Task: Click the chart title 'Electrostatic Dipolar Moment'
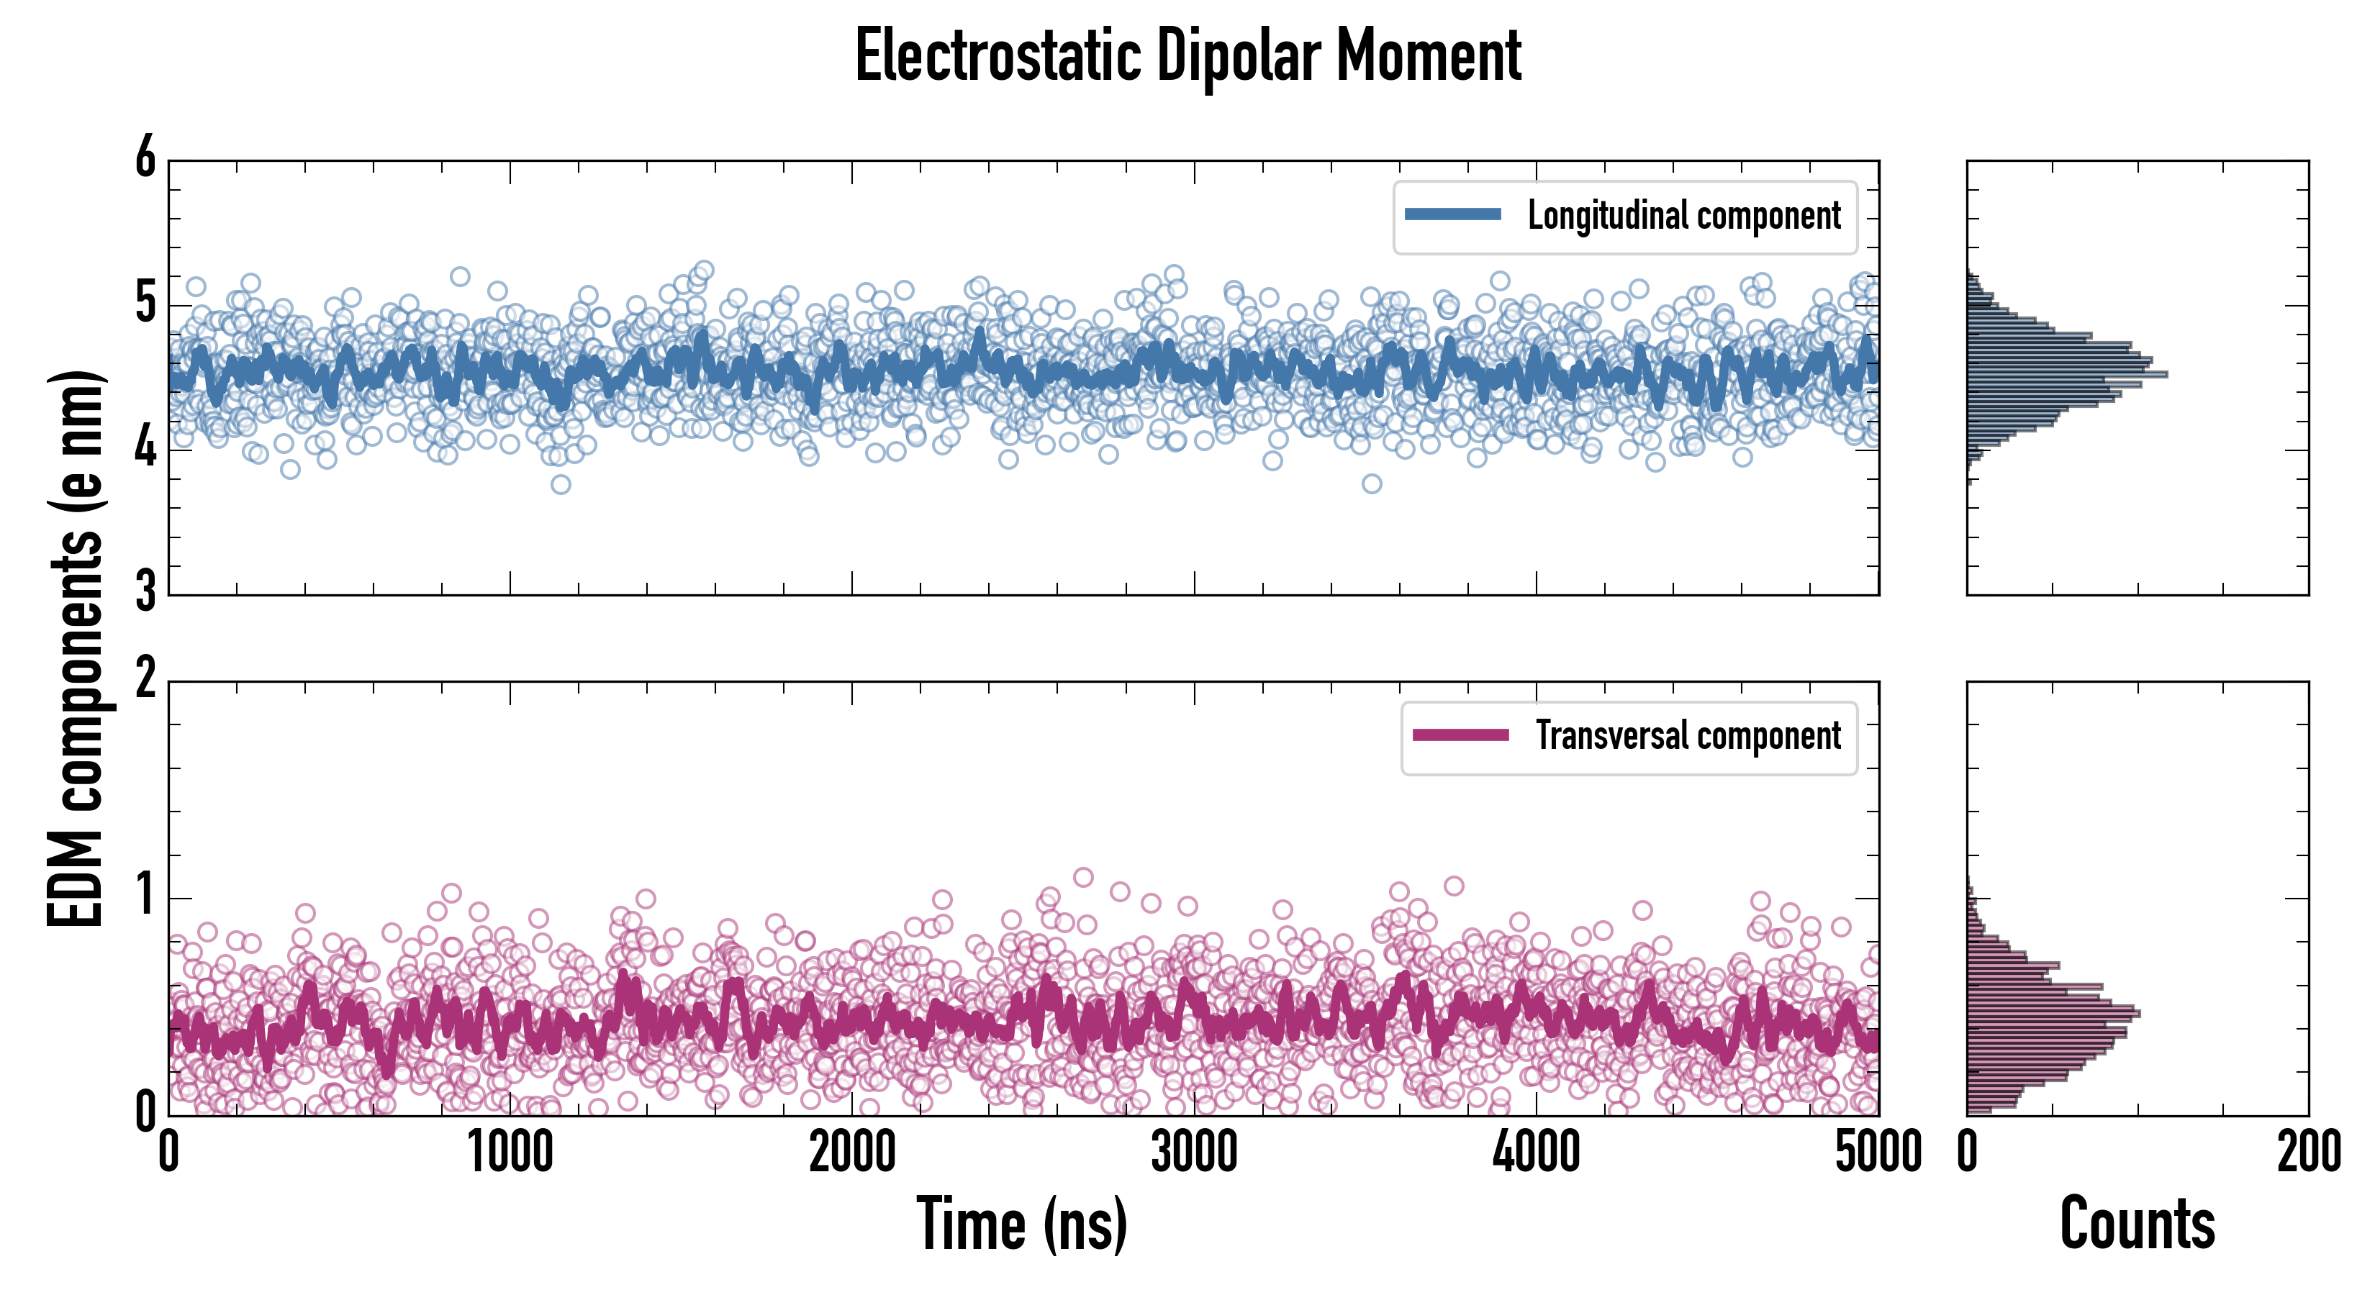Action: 1187,57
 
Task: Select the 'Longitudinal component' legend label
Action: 1683,216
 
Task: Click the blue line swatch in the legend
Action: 1452,215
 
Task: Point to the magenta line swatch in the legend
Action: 1460,735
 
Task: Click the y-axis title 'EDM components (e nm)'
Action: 76,649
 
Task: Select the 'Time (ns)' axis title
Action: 1021,1224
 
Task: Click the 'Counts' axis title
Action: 2137,1224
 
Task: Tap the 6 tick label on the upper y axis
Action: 145,158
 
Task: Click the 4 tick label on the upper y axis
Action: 145,449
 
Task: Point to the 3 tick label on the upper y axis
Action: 145,593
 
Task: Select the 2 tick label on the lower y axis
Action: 145,680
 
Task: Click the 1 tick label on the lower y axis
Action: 145,896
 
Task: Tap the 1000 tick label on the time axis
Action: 510,1152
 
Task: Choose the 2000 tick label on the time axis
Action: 852,1152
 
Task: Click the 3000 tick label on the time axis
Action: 1194,1152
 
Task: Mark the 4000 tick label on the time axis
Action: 1536,1152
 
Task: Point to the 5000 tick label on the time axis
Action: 1878,1152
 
